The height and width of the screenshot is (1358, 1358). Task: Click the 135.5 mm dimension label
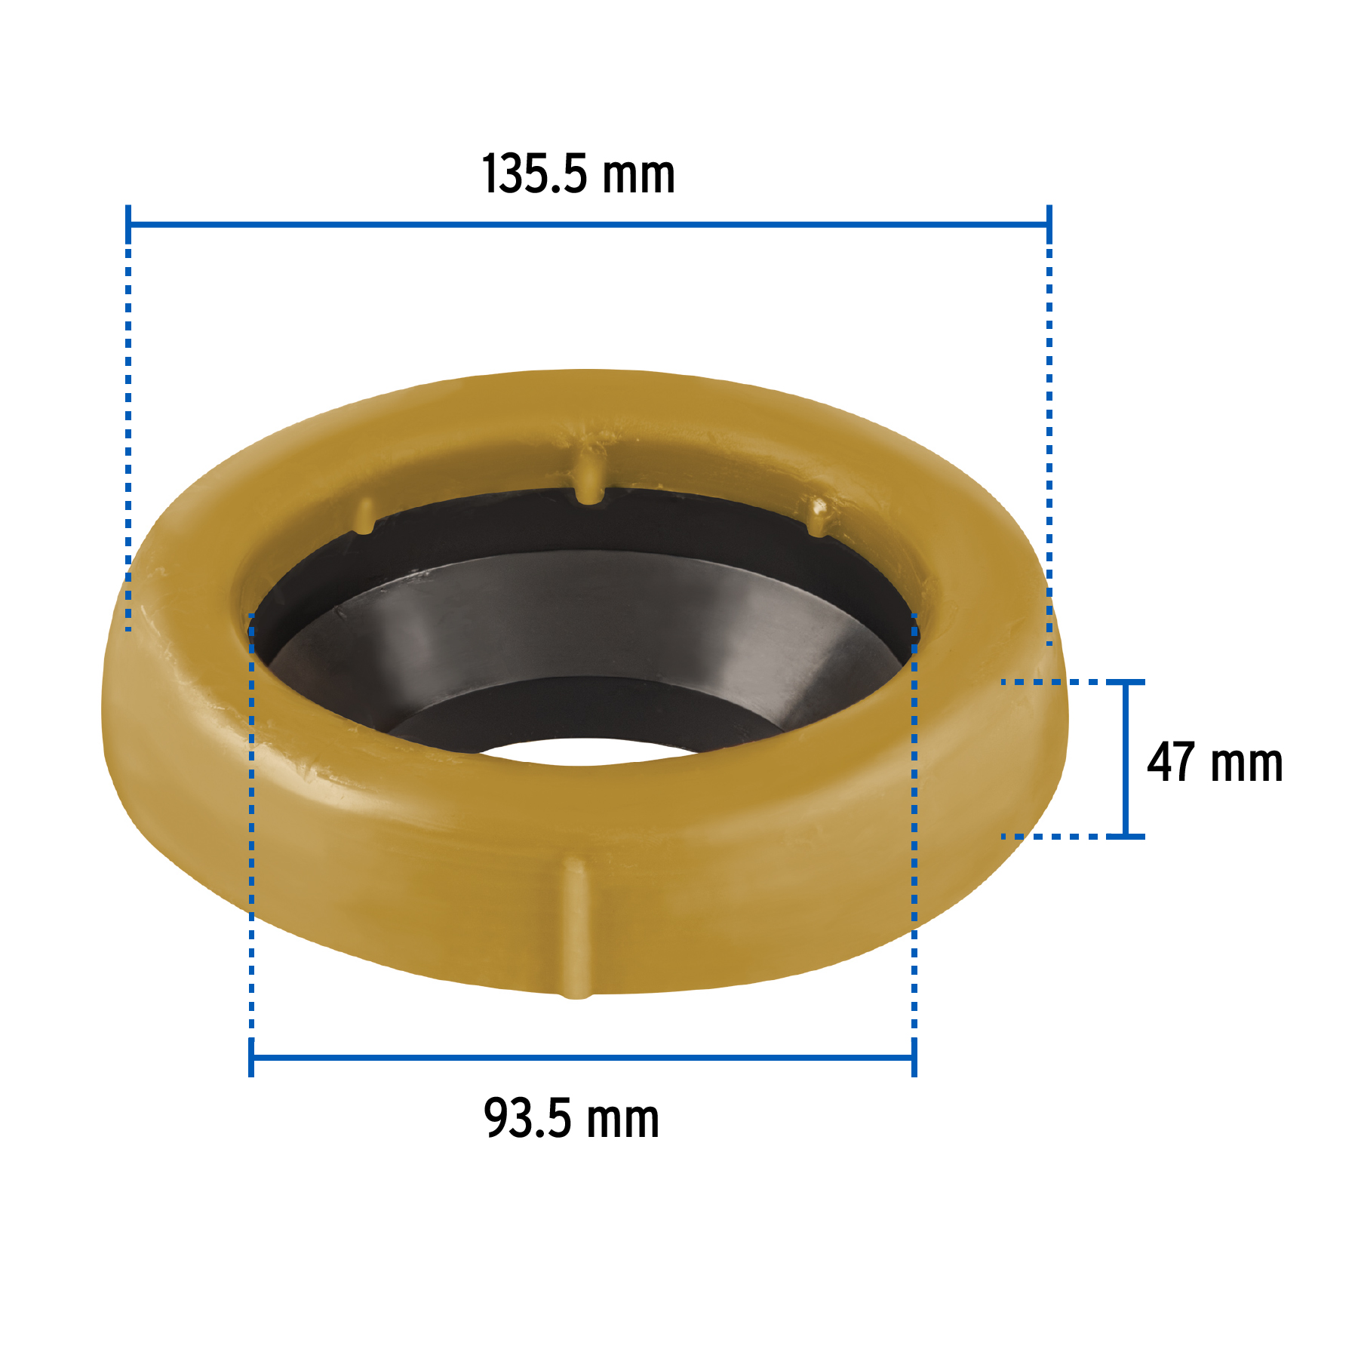click(x=578, y=175)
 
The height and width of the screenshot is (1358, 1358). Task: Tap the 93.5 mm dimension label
click(x=571, y=1119)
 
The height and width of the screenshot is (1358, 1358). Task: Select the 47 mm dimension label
click(x=1215, y=763)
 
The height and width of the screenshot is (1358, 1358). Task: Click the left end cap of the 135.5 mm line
click(x=128, y=224)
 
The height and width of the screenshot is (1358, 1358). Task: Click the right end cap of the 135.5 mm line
click(x=1049, y=224)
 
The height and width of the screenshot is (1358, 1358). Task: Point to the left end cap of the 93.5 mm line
click(x=251, y=1057)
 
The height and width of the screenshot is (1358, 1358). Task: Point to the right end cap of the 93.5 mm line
click(x=914, y=1057)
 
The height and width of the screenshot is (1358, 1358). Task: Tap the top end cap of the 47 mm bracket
click(x=1126, y=682)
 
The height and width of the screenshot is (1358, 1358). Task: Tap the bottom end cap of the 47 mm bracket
click(x=1126, y=836)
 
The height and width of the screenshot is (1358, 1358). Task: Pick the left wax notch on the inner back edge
click(x=364, y=517)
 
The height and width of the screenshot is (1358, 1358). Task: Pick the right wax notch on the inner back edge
click(x=817, y=517)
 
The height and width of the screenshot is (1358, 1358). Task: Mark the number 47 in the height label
click(x=1171, y=763)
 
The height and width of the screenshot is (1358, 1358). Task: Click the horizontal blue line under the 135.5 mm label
click(x=588, y=224)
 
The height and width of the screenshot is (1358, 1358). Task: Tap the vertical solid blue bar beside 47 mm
click(x=1126, y=759)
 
